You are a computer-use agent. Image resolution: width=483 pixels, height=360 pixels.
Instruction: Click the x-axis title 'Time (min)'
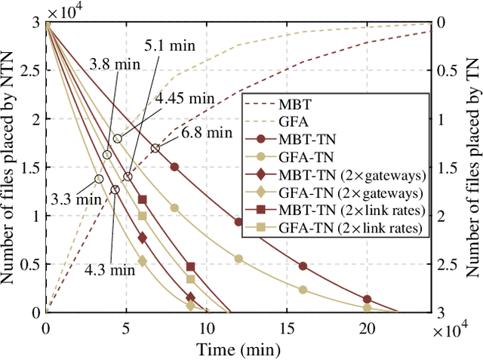point(238,349)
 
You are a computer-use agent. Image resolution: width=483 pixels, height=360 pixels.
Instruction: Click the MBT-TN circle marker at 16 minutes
point(303,266)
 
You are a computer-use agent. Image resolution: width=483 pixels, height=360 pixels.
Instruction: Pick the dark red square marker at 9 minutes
point(190,267)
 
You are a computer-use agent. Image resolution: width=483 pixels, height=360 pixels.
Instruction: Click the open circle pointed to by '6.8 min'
point(155,149)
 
